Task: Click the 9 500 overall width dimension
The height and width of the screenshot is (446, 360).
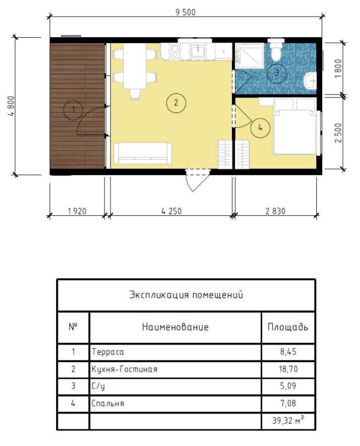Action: pyautogui.click(x=185, y=12)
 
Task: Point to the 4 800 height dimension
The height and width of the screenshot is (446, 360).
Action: pyautogui.click(x=12, y=106)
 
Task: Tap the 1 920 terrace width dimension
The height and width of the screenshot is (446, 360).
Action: pyautogui.click(x=77, y=211)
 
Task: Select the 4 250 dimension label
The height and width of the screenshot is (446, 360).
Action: pyautogui.click(x=171, y=211)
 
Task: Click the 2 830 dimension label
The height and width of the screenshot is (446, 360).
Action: pyautogui.click(x=276, y=211)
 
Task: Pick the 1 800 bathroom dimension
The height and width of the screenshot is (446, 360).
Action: pyautogui.click(x=338, y=68)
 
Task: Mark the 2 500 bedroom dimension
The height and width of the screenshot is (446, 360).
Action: pyautogui.click(x=338, y=133)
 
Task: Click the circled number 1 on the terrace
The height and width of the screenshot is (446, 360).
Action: pyautogui.click(x=73, y=110)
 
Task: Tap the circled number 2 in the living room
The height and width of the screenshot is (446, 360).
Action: pyautogui.click(x=176, y=103)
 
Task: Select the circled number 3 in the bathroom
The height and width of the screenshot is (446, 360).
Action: pyautogui.click(x=277, y=73)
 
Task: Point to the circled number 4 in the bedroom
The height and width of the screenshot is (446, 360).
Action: pyautogui.click(x=260, y=127)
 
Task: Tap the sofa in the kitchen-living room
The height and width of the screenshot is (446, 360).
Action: pyautogui.click(x=143, y=153)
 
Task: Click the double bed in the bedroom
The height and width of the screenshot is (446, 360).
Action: pyautogui.click(x=295, y=127)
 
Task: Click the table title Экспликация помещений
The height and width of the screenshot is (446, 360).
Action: pyautogui.click(x=186, y=295)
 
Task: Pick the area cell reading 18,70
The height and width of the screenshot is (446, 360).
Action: pyautogui.click(x=288, y=369)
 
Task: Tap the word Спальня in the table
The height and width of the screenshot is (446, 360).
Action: pyautogui.click(x=107, y=403)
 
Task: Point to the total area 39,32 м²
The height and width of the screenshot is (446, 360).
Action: pyautogui.click(x=288, y=420)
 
